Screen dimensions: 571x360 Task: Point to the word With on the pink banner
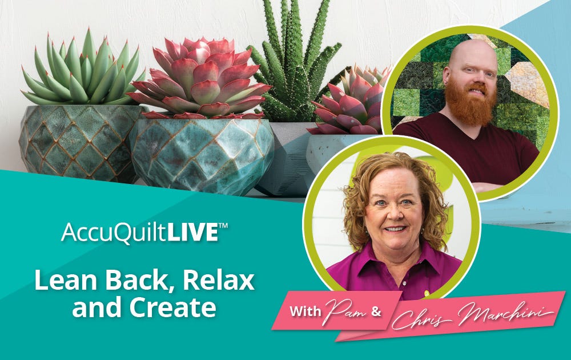pos(305,311)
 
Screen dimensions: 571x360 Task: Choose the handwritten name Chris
pos(423,319)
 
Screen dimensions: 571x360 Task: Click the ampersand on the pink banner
pos(376,312)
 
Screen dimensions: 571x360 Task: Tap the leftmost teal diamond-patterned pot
pos(78,142)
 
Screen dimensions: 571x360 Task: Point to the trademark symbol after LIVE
pos(223,226)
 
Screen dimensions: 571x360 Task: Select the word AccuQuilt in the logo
pos(114,233)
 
